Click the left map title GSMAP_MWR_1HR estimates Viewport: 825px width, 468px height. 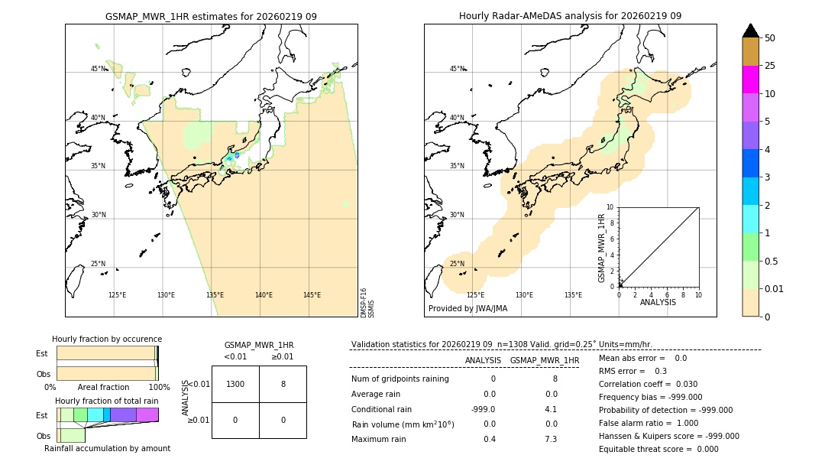click(211, 16)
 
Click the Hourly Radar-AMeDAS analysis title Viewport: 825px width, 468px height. click(570, 16)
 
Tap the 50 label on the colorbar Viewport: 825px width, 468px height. click(770, 38)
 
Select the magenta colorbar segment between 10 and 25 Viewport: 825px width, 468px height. click(751, 80)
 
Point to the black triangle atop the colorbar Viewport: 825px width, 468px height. click(751, 31)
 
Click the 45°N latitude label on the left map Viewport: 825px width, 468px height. click(99, 69)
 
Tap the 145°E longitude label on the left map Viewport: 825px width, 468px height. click(312, 295)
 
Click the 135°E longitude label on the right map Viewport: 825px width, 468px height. click(573, 295)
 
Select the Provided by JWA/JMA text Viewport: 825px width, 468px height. click(467, 309)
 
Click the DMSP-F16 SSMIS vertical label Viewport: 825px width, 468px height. click(367, 302)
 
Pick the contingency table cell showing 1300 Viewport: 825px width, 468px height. click(235, 384)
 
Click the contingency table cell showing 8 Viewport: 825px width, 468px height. click(283, 384)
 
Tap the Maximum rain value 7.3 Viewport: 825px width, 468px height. click(550, 439)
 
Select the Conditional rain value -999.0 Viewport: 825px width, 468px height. click(483, 409)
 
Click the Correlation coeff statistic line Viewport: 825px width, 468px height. click(648, 384)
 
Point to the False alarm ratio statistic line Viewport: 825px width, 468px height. click(648, 423)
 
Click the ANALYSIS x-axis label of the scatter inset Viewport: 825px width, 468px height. click(658, 302)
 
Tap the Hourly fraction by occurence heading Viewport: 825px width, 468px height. click(107, 339)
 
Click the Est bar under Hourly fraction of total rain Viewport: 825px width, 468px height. click(108, 414)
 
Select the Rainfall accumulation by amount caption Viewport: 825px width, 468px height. click(107, 448)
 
